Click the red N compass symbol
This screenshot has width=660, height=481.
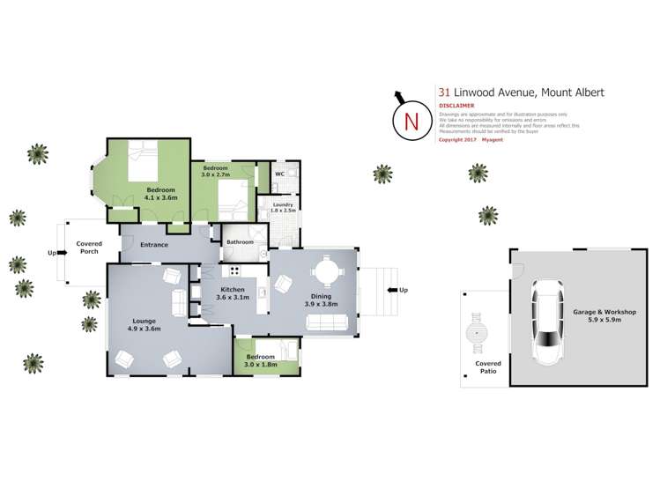(411, 122)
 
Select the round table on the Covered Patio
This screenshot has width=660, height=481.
(478, 333)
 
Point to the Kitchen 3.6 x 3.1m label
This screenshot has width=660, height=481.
(232, 294)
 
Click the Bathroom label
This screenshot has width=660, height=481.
(240, 241)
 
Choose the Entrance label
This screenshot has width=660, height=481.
(152, 244)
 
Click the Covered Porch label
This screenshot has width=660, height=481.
(89, 248)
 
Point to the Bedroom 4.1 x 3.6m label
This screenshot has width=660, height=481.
(160, 195)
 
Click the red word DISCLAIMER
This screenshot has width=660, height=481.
(456, 106)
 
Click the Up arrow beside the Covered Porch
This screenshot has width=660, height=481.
(54, 253)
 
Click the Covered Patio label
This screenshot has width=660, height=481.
(487, 367)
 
